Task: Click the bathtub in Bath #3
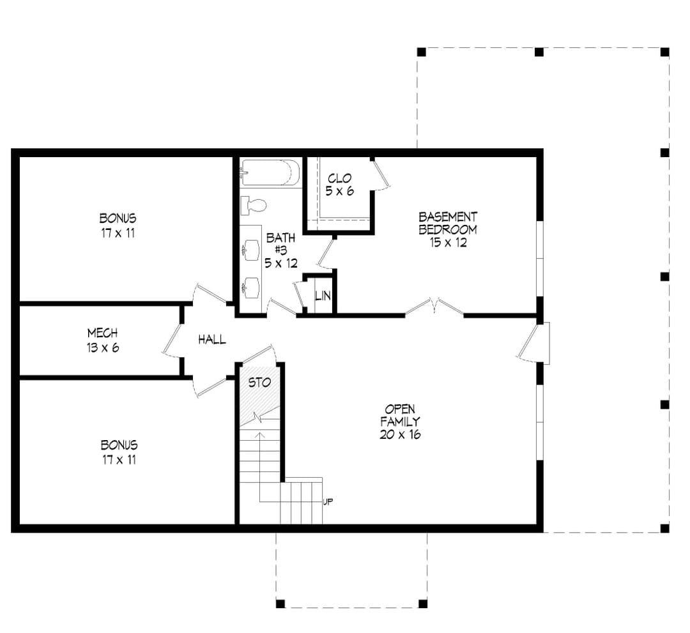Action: click(270, 172)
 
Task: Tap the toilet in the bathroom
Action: click(254, 206)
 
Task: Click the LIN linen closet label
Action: click(323, 296)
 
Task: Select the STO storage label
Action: click(259, 382)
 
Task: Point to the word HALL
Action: click(211, 339)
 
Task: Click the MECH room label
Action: click(102, 333)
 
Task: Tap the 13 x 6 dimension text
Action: click(102, 347)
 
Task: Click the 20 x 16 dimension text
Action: click(400, 434)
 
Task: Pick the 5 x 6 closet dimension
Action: click(339, 192)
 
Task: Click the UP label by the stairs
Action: click(328, 501)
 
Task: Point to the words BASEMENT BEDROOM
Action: click(447, 223)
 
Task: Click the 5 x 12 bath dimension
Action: click(280, 263)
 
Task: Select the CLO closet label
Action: click(339, 178)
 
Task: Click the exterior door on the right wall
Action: click(533, 342)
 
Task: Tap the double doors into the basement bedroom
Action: click(434, 307)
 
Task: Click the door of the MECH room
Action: click(172, 339)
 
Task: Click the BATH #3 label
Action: click(280, 244)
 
